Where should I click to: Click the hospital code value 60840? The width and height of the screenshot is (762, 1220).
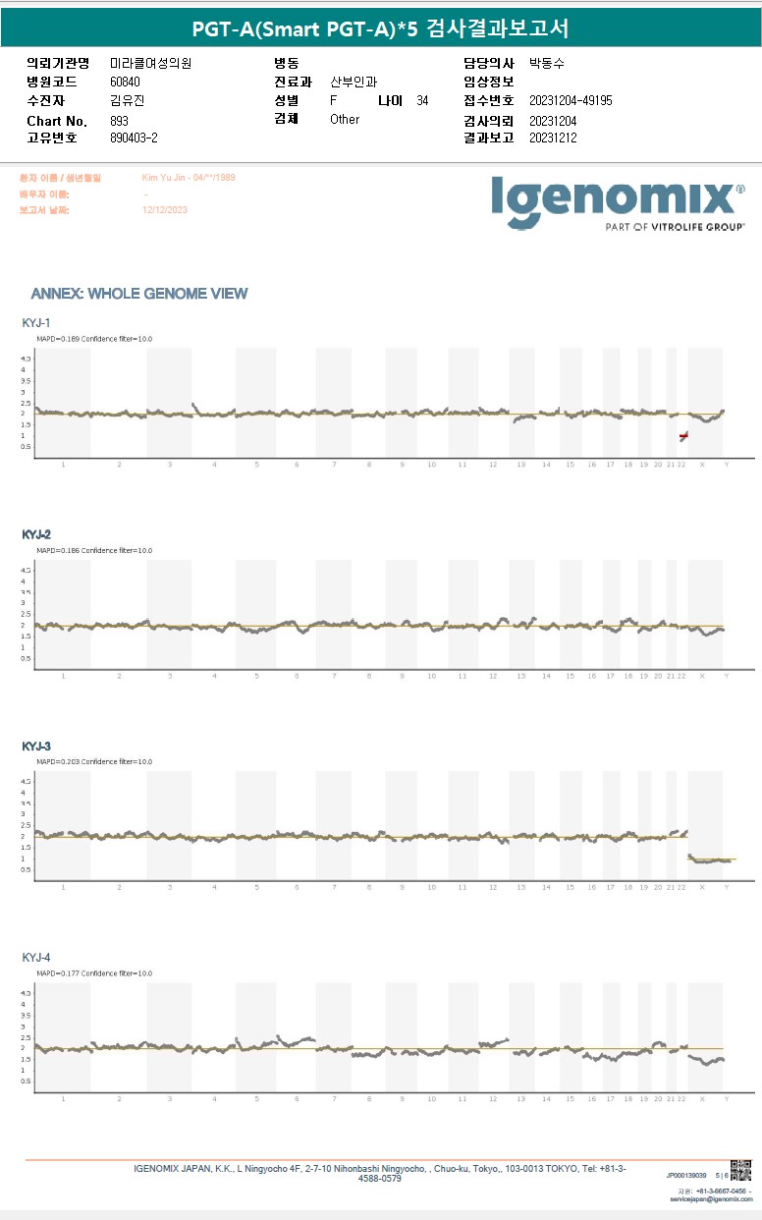coord(126,83)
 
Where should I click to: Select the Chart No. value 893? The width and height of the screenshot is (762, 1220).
coord(120,120)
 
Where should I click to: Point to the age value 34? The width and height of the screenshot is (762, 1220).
coord(422,101)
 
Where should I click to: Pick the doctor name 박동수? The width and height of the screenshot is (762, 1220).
coord(547,64)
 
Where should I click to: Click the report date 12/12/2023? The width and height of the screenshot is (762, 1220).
coord(165,210)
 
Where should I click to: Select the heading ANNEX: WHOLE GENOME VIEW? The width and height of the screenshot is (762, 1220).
coord(139,294)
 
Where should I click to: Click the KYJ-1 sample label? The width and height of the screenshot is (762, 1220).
coord(36,323)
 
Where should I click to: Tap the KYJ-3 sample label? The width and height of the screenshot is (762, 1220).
coord(36,747)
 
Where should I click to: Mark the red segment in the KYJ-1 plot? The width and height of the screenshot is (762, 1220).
coord(683,435)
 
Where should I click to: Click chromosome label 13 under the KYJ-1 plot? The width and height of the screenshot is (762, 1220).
coord(520,464)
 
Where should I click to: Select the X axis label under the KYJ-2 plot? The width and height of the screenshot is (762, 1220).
coord(701,676)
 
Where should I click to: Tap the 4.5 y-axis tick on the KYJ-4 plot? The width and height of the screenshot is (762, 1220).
coord(27,994)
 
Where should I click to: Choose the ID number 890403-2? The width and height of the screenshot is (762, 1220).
coord(135,139)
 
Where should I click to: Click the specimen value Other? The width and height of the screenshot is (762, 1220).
coord(345,120)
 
